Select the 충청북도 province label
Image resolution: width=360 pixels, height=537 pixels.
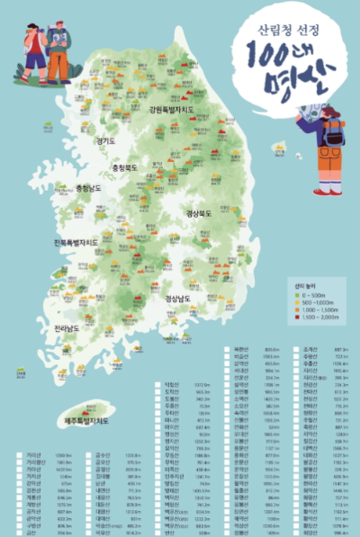coord(129,167)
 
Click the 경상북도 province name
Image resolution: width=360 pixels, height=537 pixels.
coord(203,214)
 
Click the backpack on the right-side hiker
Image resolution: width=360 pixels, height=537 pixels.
coord(335,135)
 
